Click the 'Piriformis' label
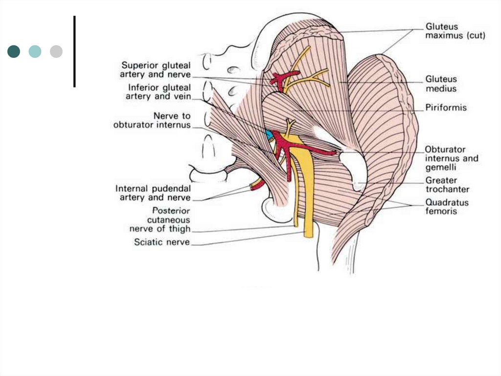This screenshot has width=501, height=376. pos(446,107)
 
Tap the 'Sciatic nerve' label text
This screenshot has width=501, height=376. pos(162,242)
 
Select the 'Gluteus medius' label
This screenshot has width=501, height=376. pos(441,83)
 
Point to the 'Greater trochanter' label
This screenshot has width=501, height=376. pos(447,185)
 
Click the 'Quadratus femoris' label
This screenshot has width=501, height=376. pos(447,206)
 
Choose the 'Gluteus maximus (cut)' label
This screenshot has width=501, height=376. pos(455,31)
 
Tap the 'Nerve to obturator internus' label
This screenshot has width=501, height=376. pos(152,120)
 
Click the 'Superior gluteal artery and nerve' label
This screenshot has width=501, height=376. pos(156,70)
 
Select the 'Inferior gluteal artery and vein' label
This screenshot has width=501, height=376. pos(159,92)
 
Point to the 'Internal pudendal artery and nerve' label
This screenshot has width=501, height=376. pos(153,193)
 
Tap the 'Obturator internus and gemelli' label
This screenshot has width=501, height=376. pos(451,158)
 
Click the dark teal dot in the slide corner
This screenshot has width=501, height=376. pos(14,51)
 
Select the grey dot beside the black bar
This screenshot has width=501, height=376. pos(56,51)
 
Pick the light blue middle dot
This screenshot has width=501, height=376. pos(35,51)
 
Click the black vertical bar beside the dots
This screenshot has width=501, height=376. pos(74,51)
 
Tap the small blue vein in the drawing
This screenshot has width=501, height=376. pos(269,134)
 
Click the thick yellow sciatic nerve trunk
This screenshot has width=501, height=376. pos(308,196)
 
